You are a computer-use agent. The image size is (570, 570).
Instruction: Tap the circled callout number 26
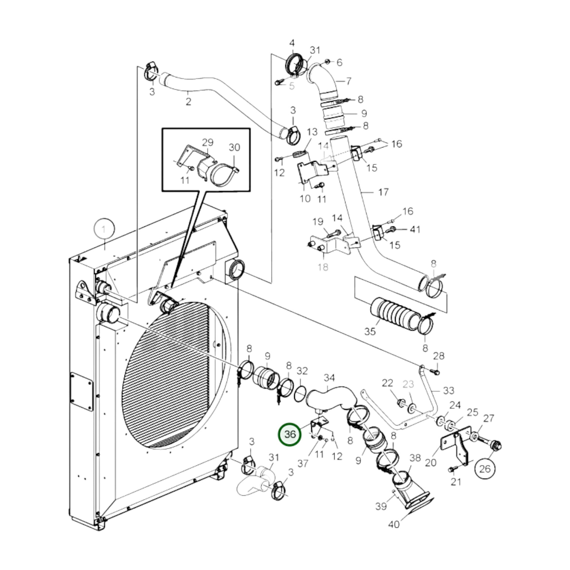pyautogui.click(x=485, y=469)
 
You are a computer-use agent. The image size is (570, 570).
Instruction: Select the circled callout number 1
pyautogui.click(x=104, y=229)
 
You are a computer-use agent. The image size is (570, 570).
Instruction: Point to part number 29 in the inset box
pyautogui.click(x=208, y=142)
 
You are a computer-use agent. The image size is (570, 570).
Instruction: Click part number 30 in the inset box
pyautogui.click(x=235, y=147)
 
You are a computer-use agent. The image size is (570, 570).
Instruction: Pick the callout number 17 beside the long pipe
pyautogui.click(x=383, y=192)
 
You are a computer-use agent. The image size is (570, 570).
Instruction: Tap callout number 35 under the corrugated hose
pyautogui.click(x=370, y=331)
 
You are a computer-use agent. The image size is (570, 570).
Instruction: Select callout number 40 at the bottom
pyautogui.click(x=394, y=524)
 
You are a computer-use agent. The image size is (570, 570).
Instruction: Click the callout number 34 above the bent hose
pyautogui.click(x=329, y=378)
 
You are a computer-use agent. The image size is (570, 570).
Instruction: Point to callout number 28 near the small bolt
pyautogui.click(x=439, y=356)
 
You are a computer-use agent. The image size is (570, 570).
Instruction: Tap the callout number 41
pyautogui.click(x=415, y=229)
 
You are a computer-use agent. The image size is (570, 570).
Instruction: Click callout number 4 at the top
pyautogui.click(x=292, y=43)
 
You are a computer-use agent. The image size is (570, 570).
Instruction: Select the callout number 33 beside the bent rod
pyautogui.click(x=448, y=391)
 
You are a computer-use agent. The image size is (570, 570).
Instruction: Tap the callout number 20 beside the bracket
pyautogui.click(x=431, y=462)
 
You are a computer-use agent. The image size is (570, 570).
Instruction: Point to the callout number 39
pyautogui.click(x=381, y=506)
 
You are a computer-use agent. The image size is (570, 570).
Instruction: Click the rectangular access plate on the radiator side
pyautogui.click(x=82, y=392)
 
